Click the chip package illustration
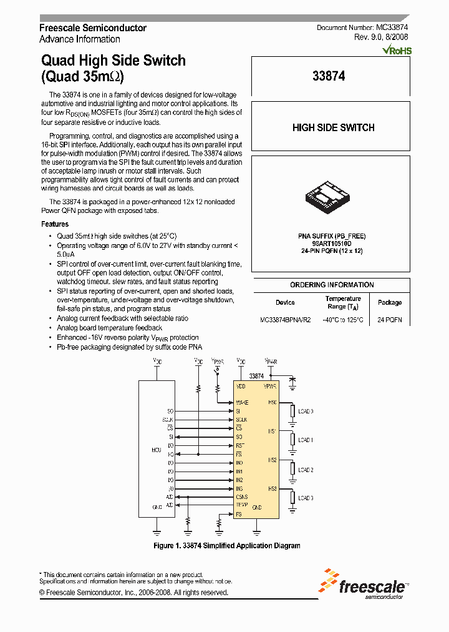(330, 196)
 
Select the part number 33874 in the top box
(329, 76)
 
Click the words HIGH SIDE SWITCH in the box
(333, 127)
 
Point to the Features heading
(55, 224)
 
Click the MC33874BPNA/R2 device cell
(285, 320)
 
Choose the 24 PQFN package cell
(390, 320)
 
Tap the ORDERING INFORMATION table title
(332, 285)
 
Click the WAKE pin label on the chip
(243, 402)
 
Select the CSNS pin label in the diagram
(242, 496)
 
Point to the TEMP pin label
(242, 504)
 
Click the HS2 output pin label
(273, 460)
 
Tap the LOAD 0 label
(306, 412)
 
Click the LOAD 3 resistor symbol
(292, 498)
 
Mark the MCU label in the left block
(156, 450)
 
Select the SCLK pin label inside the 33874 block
(242, 420)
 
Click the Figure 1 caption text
(227, 546)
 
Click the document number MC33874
(392, 28)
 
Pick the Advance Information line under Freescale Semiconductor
(80, 39)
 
